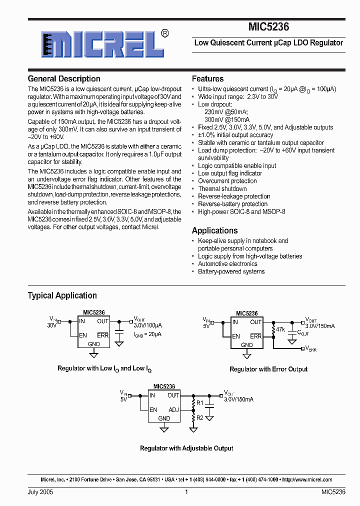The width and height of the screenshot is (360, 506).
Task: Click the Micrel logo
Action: click(102, 44)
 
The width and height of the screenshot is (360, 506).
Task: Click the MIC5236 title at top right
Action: click(268, 27)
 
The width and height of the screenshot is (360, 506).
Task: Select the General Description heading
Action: click(64, 79)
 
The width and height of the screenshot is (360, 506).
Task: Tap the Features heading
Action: click(207, 79)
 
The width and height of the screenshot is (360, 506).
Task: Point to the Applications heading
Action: click(214, 230)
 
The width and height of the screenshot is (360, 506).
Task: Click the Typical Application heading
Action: click(62, 295)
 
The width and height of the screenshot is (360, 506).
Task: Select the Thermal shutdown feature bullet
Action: click(222, 189)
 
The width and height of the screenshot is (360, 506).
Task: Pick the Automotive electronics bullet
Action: click(227, 264)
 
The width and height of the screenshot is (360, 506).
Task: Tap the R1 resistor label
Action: click(200, 402)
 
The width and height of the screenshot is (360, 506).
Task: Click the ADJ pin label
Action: click(173, 409)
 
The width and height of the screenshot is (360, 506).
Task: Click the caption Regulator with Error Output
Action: click(268, 369)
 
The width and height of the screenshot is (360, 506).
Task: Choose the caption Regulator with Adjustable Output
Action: click(186, 448)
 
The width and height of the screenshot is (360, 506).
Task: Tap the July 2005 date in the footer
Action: click(40, 492)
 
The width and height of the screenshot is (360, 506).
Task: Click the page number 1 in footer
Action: click(186, 492)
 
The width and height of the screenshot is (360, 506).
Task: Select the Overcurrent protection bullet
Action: click(227, 181)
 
